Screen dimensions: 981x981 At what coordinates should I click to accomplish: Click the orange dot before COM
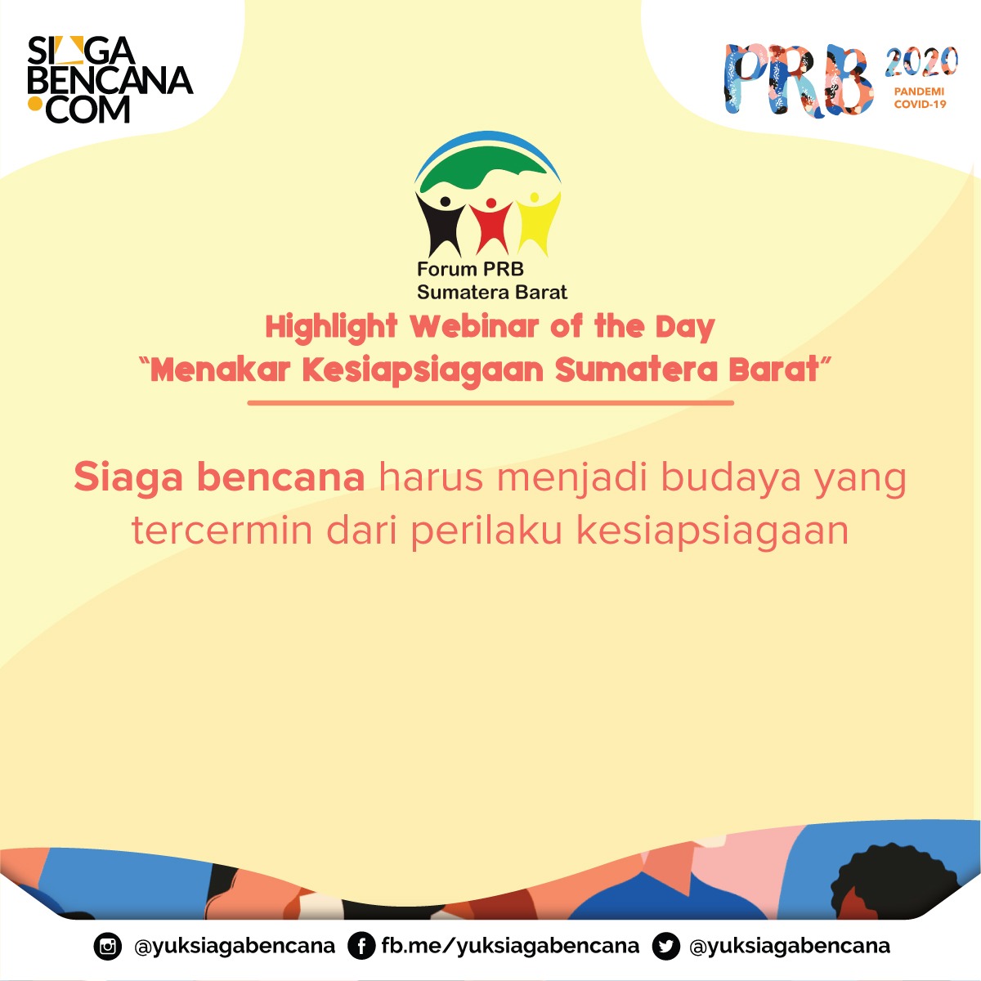[x=34, y=103]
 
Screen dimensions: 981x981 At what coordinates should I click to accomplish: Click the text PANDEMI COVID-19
[x=920, y=98]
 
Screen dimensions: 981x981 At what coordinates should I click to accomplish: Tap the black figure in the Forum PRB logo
[x=440, y=224]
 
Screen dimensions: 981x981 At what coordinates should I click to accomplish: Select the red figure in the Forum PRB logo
[x=490, y=226]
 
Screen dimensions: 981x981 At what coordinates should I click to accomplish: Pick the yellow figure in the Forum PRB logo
[x=538, y=222]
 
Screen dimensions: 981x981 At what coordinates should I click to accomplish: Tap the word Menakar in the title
[x=221, y=370]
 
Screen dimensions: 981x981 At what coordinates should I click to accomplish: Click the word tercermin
[x=222, y=531]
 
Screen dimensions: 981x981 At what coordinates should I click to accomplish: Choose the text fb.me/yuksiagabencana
[x=511, y=946]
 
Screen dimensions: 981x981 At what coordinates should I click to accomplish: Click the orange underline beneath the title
[x=490, y=403]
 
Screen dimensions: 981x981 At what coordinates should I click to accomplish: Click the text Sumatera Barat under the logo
[x=492, y=292]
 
